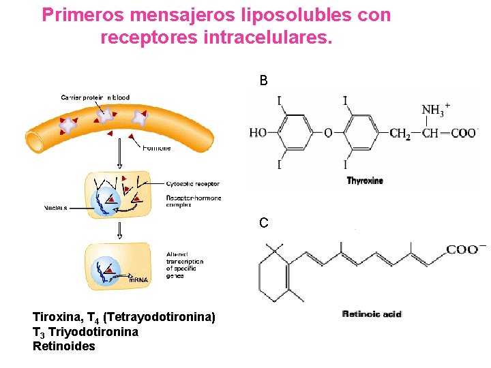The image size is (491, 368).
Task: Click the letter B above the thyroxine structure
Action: tap(263, 81)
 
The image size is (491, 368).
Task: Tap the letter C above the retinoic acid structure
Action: tap(263, 223)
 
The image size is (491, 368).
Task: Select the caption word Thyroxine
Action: tap(365, 181)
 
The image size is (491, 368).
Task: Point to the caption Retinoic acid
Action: tap(372, 314)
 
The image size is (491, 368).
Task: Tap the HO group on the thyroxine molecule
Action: tap(258, 132)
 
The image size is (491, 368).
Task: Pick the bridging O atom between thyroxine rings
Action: tap(328, 132)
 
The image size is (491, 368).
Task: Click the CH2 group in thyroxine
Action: tap(400, 134)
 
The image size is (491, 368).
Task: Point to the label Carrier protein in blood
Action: tap(95, 97)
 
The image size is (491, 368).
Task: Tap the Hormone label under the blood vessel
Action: tap(157, 148)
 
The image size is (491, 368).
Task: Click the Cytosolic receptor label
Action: tap(193, 184)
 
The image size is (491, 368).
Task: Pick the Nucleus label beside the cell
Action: tap(56, 208)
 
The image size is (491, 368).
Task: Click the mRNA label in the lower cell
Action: tap(138, 279)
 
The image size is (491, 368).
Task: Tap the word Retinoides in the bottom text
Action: tap(64, 346)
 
